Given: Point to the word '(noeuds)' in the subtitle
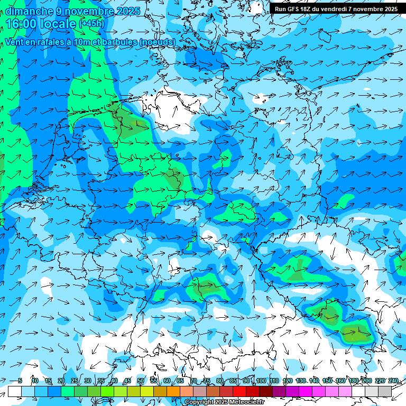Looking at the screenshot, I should click(156, 42).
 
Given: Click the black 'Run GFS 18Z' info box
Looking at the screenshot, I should click(336, 9).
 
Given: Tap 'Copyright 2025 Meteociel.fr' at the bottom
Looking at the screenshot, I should click(224, 402).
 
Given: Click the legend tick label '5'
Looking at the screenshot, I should click(20, 381).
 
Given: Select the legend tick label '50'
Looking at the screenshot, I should click(141, 381).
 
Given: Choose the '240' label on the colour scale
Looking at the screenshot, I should click(393, 381).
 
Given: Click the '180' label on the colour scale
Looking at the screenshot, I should click(353, 381).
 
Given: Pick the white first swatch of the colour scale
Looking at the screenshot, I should click(15, 391).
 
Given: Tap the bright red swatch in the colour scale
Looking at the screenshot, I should click(239, 391).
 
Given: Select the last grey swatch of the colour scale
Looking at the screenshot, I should click(385, 391).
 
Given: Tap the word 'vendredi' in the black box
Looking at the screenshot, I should click(334, 9).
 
